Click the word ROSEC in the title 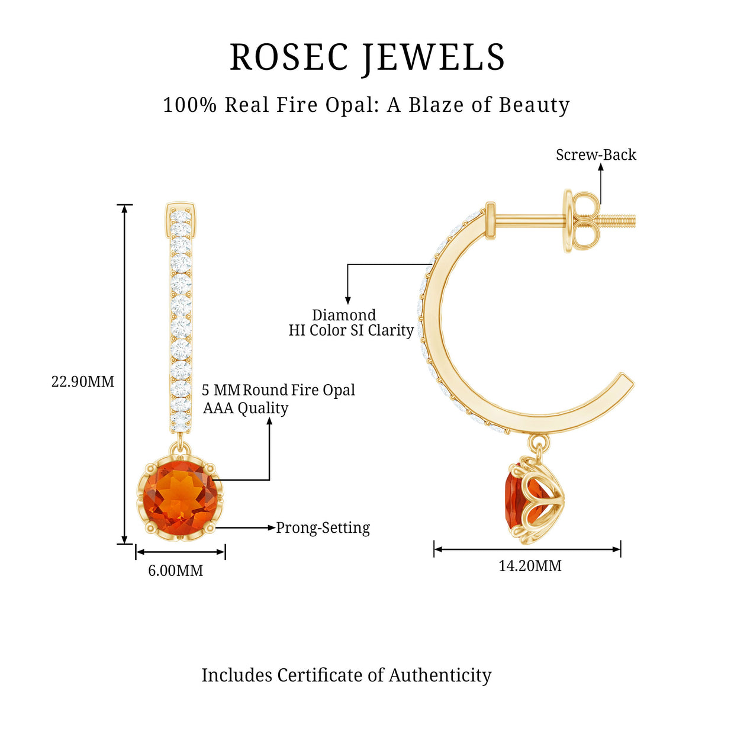[289, 57]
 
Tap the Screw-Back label [595, 155]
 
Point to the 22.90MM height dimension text [83, 382]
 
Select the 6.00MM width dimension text [175, 571]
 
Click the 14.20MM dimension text [530, 566]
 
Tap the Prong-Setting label [323, 527]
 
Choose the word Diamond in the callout [344, 315]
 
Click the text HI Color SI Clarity [351, 330]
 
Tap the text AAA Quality [246, 408]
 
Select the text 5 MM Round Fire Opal [278, 390]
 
